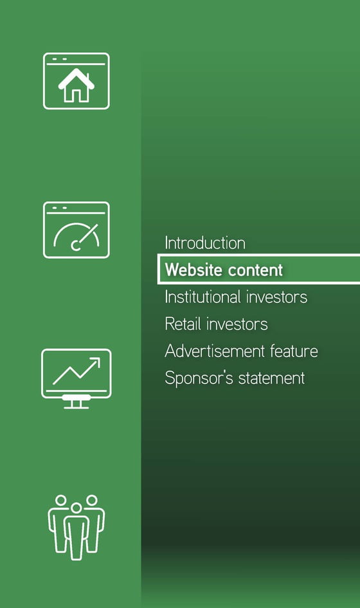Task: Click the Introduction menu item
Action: (x=205, y=243)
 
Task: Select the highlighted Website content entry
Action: (x=224, y=270)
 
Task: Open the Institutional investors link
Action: (x=236, y=297)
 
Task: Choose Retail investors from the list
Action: (x=216, y=324)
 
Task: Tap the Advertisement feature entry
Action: (x=241, y=351)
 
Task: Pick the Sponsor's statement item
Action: (x=235, y=378)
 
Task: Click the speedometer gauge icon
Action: (x=76, y=230)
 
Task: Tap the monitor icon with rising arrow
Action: (x=76, y=378)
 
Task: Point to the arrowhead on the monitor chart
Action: (x=95, y=362)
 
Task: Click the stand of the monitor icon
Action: (x=76, y=402)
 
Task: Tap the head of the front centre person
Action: (x=76, y=508)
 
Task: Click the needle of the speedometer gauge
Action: (x=86, y=235)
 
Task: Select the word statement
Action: (x=271, y=378)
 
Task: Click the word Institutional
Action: (x=203, y=297)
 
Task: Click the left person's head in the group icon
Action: (x=61, y=500)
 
